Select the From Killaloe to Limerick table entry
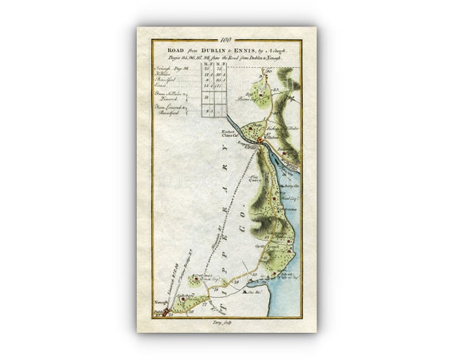click(x=166, y=96)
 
